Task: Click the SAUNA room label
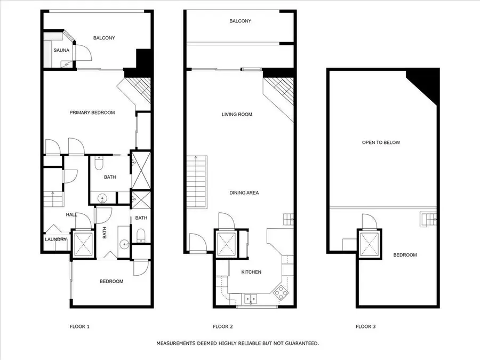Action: tap(61, 50)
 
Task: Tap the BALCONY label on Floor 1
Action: tap(104, 38)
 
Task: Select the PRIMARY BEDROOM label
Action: tap(92, 113)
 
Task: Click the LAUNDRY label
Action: tap(55, 239)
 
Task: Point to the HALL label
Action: tap(71, 215)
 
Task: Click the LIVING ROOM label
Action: tap(237, 114)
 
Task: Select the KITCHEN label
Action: tap(251, 272)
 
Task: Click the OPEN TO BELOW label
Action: tap(381, 142)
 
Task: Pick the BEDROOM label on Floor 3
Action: tap(405, 255)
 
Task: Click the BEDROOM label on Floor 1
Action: tap(111, 281)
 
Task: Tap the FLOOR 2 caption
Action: tap(222, 326)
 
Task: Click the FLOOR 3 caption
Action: tap(365, 326)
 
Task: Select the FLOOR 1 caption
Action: tap(79, 326)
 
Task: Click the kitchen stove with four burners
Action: tap(280, 293)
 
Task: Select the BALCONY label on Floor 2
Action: tap(240, 21)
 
